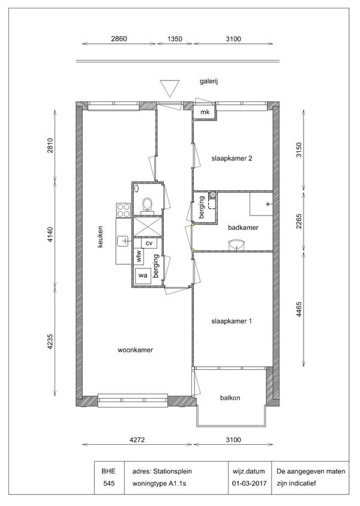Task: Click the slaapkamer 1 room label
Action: click(x=231, y=321)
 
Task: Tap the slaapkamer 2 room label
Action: click(x=232, y=158)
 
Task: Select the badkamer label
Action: click(x=243, y=227)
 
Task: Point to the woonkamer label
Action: click(x=135, y=350)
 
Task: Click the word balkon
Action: click(x=230, y=398)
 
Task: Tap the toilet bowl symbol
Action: click(x=148, y=205)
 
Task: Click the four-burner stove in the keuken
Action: click(x=124, y=210)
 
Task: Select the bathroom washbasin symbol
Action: click(x=236, y=244)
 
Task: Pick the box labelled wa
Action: click(x=143, y=276)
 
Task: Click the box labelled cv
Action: click(x=149, y=243)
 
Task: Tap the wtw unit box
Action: click(x=139, y=256)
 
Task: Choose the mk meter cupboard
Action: click(x=205, y=112)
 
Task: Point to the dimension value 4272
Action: click(x=137, y=439)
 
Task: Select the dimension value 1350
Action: click(x=175, y=39)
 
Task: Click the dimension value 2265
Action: click(x=299, y=221)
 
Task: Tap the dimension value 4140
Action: click(x=50, y=235)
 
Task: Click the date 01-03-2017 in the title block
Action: click(x=250, y=483)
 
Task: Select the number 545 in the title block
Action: click(x=109, y=483)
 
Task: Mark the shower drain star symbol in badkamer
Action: click(x=268, y=204)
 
